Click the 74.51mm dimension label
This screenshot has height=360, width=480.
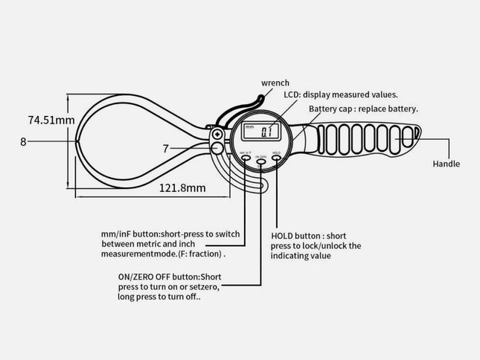pos(50,120)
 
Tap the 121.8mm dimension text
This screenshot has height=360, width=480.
pos(182,188)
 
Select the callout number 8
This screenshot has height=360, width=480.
pos(23,141)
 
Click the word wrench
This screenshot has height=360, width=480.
pos(275,83)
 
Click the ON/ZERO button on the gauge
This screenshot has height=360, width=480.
pos(260,161)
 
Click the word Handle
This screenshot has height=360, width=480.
pos(446,164)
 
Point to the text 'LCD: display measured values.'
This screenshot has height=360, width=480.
pos(340,94)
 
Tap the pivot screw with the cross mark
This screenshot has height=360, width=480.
pos(217,135)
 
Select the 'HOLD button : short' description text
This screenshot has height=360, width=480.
pos(310,234)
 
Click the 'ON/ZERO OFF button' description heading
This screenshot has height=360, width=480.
pos(170,277)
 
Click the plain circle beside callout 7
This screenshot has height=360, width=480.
pos(218,148)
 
